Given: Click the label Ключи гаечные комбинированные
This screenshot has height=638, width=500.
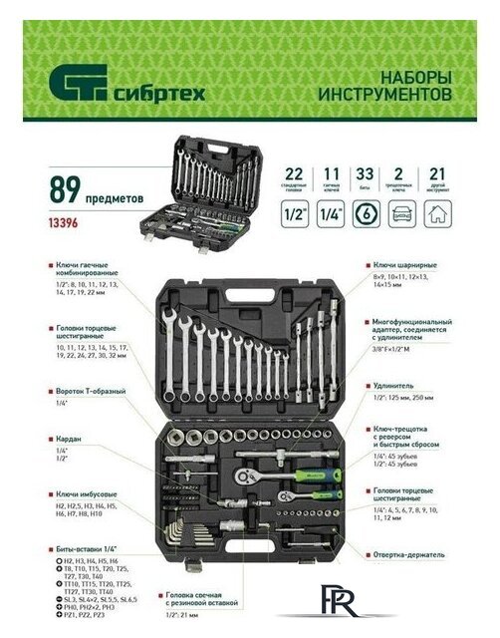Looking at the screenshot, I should click(85, 268).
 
